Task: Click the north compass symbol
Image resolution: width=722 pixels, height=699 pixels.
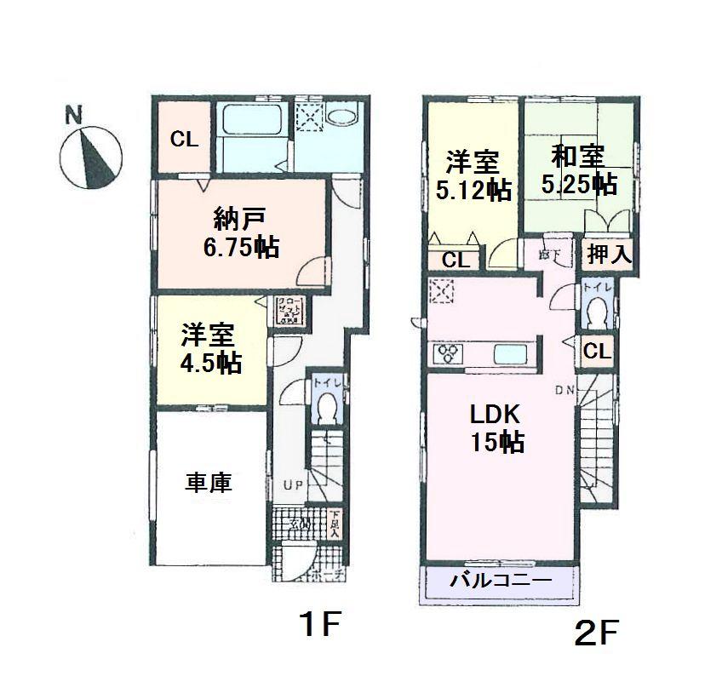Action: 91,154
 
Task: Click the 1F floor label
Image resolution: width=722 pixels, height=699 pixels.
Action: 320,628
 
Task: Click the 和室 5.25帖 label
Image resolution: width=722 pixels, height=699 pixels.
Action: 579,169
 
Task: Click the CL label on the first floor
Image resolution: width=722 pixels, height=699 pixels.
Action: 184,139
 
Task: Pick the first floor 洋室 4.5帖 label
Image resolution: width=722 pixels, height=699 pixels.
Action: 209,349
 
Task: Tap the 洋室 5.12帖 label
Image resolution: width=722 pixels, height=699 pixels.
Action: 473,175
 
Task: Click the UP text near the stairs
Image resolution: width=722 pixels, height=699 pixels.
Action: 294,485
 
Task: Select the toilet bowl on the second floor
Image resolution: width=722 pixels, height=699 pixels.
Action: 597,316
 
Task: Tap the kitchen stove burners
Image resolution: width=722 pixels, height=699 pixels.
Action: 448,353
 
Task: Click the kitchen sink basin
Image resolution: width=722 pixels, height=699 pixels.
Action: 510,353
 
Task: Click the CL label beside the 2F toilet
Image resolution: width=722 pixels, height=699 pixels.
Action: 597,351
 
